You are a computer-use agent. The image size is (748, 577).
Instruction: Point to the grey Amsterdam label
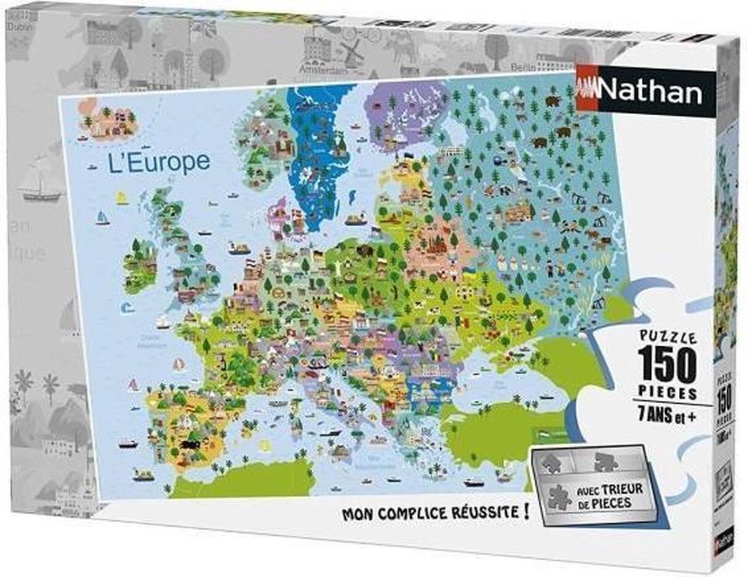(322, 68)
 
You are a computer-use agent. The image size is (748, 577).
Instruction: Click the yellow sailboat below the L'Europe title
(121, 198)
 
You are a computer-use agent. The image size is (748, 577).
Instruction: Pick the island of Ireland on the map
(139, 265)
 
